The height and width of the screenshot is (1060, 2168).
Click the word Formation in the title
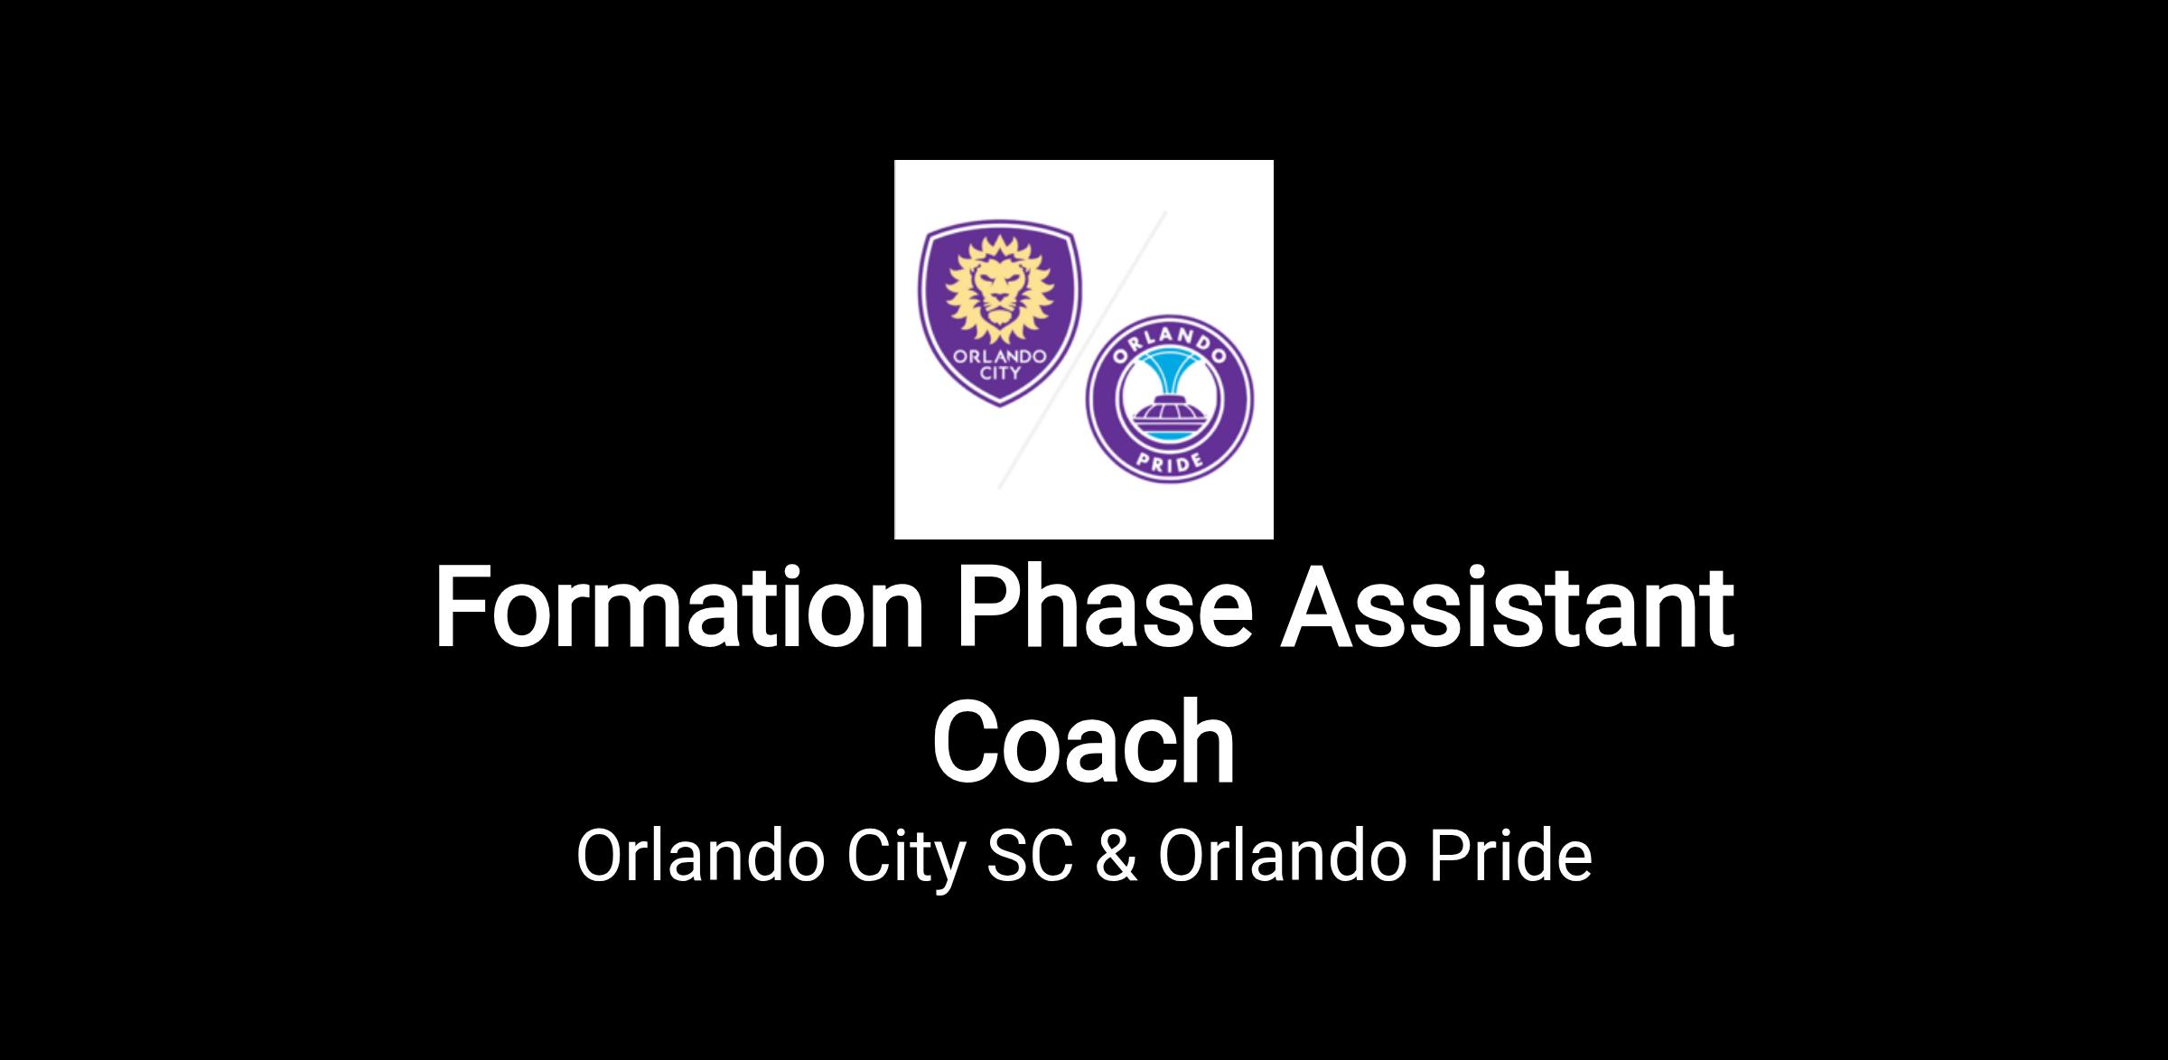tap(679, 607)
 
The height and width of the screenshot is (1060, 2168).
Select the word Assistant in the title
tap(1508, 607)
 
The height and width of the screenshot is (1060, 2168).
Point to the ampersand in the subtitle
tap(1117, 856)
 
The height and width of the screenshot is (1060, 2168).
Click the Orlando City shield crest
tap(1000, 315)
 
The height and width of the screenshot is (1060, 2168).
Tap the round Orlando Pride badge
tap(1170, 399)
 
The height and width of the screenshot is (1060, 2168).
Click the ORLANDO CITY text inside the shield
tap(1000, 363)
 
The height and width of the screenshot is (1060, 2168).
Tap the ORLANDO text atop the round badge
tap(1170, 340)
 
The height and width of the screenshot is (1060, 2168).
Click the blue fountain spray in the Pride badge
tap(1170, 371)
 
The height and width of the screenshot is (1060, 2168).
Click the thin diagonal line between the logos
tap(1082, 350)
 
